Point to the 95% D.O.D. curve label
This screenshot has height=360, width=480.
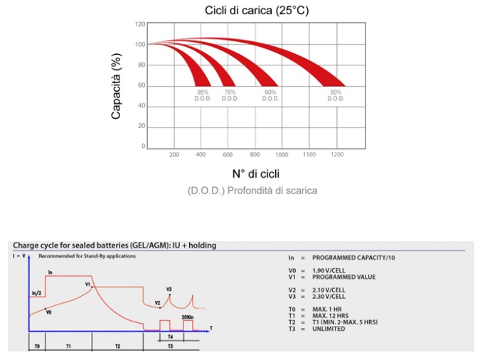pos(203,95)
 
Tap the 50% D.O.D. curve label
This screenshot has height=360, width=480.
pos(336,95)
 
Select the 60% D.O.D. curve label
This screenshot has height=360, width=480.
pos(270,95)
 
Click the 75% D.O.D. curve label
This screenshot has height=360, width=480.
pos(230,95)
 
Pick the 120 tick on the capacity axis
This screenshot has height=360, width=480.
pos(140,24)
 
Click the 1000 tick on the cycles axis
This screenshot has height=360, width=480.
pos(282,154)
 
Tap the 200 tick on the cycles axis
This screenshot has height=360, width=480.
pos(174,154)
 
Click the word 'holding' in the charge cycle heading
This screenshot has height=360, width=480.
pos(202,245)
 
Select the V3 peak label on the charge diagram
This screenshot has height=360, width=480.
pos(169,289)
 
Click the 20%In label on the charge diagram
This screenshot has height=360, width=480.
pos(188,317)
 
